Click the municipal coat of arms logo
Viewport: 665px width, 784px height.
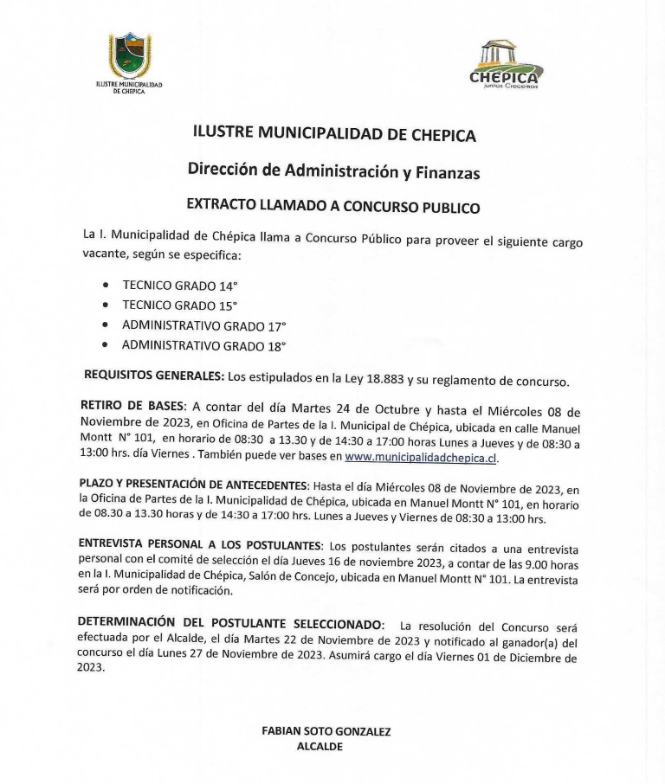128,56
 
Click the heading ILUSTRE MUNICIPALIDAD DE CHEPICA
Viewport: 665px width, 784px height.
334,134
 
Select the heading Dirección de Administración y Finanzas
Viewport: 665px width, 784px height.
333,170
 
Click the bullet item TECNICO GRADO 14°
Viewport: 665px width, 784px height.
179,285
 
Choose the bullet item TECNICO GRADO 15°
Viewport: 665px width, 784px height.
179,305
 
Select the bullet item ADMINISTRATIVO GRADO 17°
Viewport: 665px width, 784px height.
203,326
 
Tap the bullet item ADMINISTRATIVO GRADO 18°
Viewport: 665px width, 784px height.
203,346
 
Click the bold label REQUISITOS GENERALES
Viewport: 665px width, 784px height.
153,376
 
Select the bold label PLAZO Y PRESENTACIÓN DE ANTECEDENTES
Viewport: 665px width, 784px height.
193,485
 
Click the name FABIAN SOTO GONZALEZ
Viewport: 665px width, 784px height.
326,731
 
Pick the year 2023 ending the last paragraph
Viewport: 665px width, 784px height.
90,668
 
